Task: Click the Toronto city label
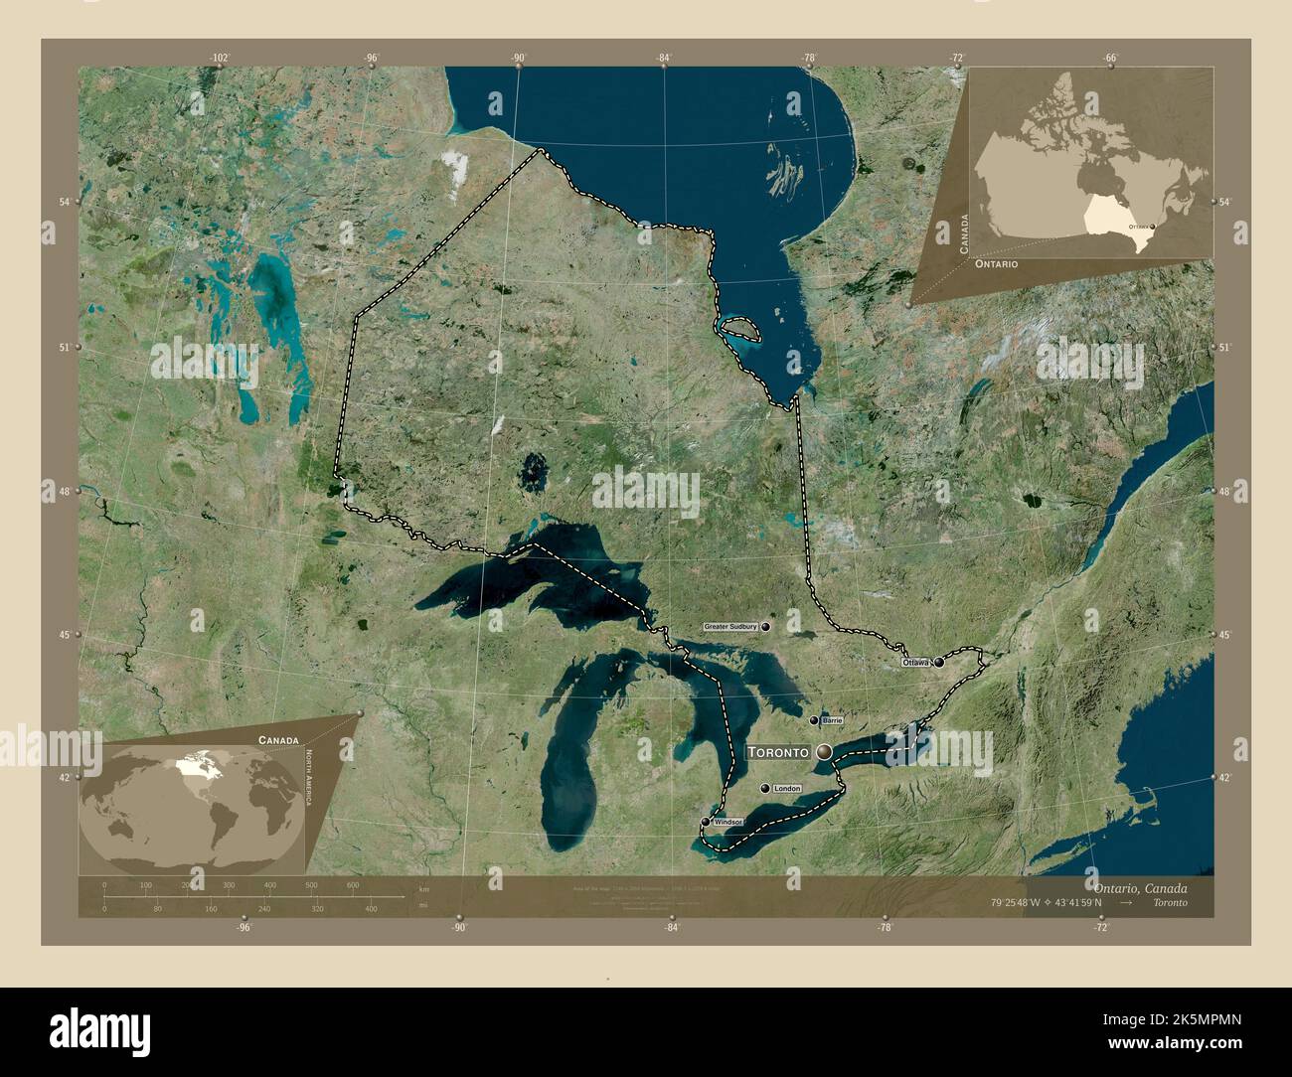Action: click(778, 753)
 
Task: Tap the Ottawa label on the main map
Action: click(915, 662)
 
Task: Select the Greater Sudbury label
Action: click(731, 627)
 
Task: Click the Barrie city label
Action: click(833, 719)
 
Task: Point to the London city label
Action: click(786, 788)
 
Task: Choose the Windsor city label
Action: click(727, 822)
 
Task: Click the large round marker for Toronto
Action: click(824, 753)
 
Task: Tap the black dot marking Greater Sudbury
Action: click(766, 627)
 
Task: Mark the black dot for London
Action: click(764, 788)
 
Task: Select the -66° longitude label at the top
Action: click(1110, 58)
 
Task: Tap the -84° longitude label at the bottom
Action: click(672, 928)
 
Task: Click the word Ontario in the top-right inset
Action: click(996, 264)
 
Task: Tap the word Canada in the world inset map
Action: click(277, 740)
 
